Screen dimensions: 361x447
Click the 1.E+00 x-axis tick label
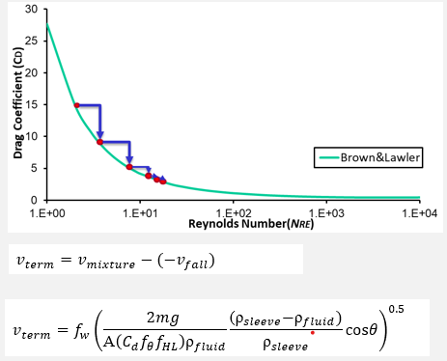click(46, 211)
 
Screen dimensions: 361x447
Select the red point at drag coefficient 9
click(99, 142)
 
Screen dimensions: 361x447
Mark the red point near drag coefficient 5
click(129, 167)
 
